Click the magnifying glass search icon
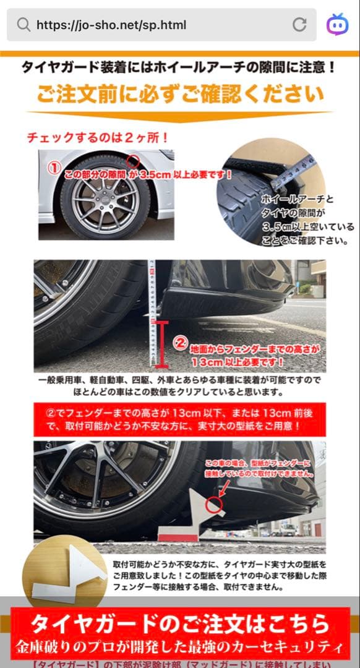point(24,25)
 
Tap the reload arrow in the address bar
point(299,25)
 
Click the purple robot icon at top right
point(338,25)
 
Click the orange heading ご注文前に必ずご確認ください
point(180,95)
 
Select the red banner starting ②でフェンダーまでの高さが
point(179,418)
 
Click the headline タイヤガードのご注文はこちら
point(180,623)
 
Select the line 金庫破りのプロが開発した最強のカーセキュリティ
point(180,647)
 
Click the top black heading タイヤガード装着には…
point(180,67)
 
